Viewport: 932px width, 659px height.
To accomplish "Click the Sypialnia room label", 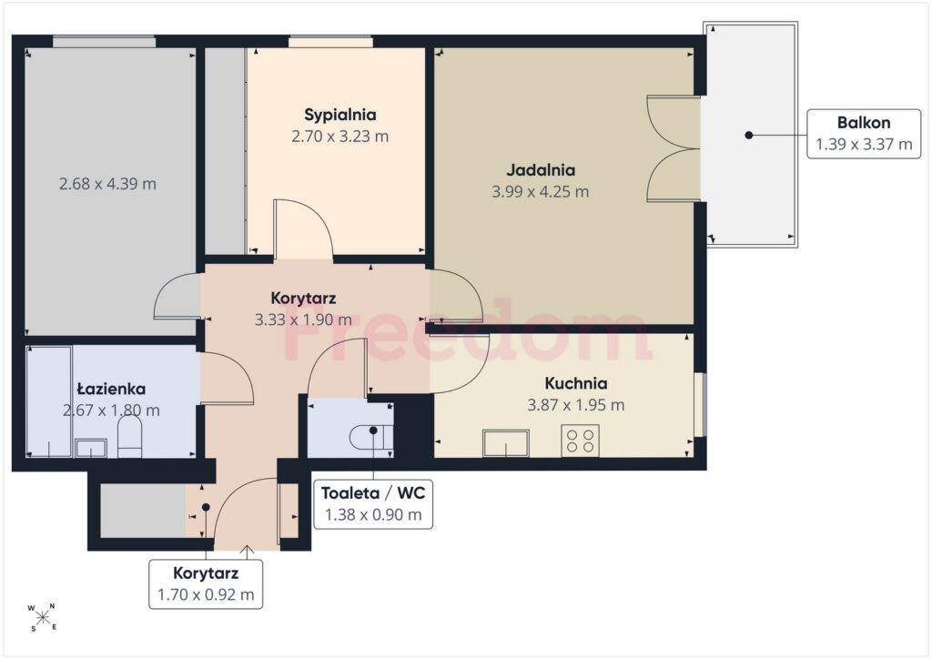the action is pyautogui.click(x=340, y=115).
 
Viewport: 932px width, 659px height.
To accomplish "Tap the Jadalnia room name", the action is pyautogui.click(x=541, y=170).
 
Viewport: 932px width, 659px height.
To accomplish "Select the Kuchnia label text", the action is pyautogui.click(x=576, y=383).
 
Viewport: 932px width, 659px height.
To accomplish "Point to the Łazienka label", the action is pyautogui.click(x=111, y=390).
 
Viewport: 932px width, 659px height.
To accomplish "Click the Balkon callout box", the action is pyautogui.click(x=864, y=134).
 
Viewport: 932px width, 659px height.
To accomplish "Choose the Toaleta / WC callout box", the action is pyautogui.click(x=372, y=504).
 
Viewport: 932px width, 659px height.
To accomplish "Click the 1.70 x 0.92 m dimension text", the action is pyautogui.click(x=206, y=594).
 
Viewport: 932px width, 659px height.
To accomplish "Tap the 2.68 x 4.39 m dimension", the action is pyautogui.click(x=107, y=184).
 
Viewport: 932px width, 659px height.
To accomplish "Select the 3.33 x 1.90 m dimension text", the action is pyautogui.click(x=303, y=319).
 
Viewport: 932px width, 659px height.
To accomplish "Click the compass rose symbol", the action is pyautogui.click(x=42, y=617).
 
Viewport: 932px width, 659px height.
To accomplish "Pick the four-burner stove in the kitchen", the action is pyautogui.click(x=580, y=441).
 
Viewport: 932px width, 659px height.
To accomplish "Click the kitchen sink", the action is pyautogui.click(x=506, y=443).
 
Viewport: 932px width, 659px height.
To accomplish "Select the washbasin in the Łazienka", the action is pyautogui.click(x=91, y=448).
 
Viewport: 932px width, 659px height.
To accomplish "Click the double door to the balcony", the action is pyautogui.click(x=674, y=148).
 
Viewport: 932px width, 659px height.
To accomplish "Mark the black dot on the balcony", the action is pyautogui.click(x=749, y=135).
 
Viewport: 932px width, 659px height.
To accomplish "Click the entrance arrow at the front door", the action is pyautogui.click(x=247, y=552).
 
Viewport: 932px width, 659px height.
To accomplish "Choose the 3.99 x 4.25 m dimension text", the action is pyautogui.click(x=541, y=192).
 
